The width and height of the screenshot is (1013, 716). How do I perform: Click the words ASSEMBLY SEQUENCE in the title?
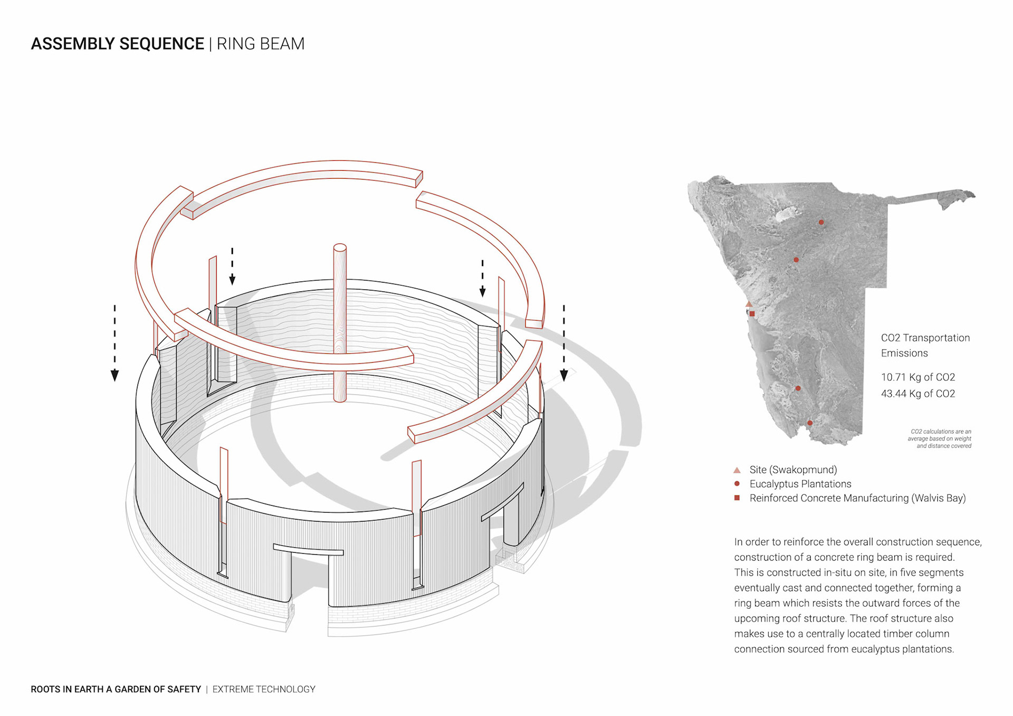tap(117, 44)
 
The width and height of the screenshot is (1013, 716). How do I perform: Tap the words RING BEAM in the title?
tap(260, 44)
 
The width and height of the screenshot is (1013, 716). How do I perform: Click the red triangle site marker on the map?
tap(749, 304)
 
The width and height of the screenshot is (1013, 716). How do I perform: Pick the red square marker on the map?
tap(752, 313)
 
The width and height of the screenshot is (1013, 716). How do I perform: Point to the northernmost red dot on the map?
tap(821, 222)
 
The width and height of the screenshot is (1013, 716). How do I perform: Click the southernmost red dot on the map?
tap(810, 423)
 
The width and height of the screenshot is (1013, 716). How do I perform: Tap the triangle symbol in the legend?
tap(737, 470)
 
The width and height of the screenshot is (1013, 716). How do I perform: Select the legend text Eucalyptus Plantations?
tap(800, 484)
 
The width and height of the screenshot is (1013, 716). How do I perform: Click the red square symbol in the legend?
tap(737, 498)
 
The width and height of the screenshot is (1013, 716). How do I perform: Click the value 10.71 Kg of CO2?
tap(918, 377)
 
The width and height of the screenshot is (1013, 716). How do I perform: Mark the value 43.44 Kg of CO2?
tap(918, 394)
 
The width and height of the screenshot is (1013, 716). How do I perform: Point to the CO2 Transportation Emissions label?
tap(925, 345)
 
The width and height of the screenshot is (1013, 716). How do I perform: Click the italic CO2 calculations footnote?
tap(940, 438)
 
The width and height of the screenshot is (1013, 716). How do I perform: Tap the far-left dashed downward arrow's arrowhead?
tap(114, 375)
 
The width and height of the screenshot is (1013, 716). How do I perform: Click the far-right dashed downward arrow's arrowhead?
tap(563, 375)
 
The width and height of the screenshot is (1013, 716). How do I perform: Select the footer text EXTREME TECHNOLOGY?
tap(264, 689)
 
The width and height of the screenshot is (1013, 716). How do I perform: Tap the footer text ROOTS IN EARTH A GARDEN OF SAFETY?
tap(116, 689)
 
